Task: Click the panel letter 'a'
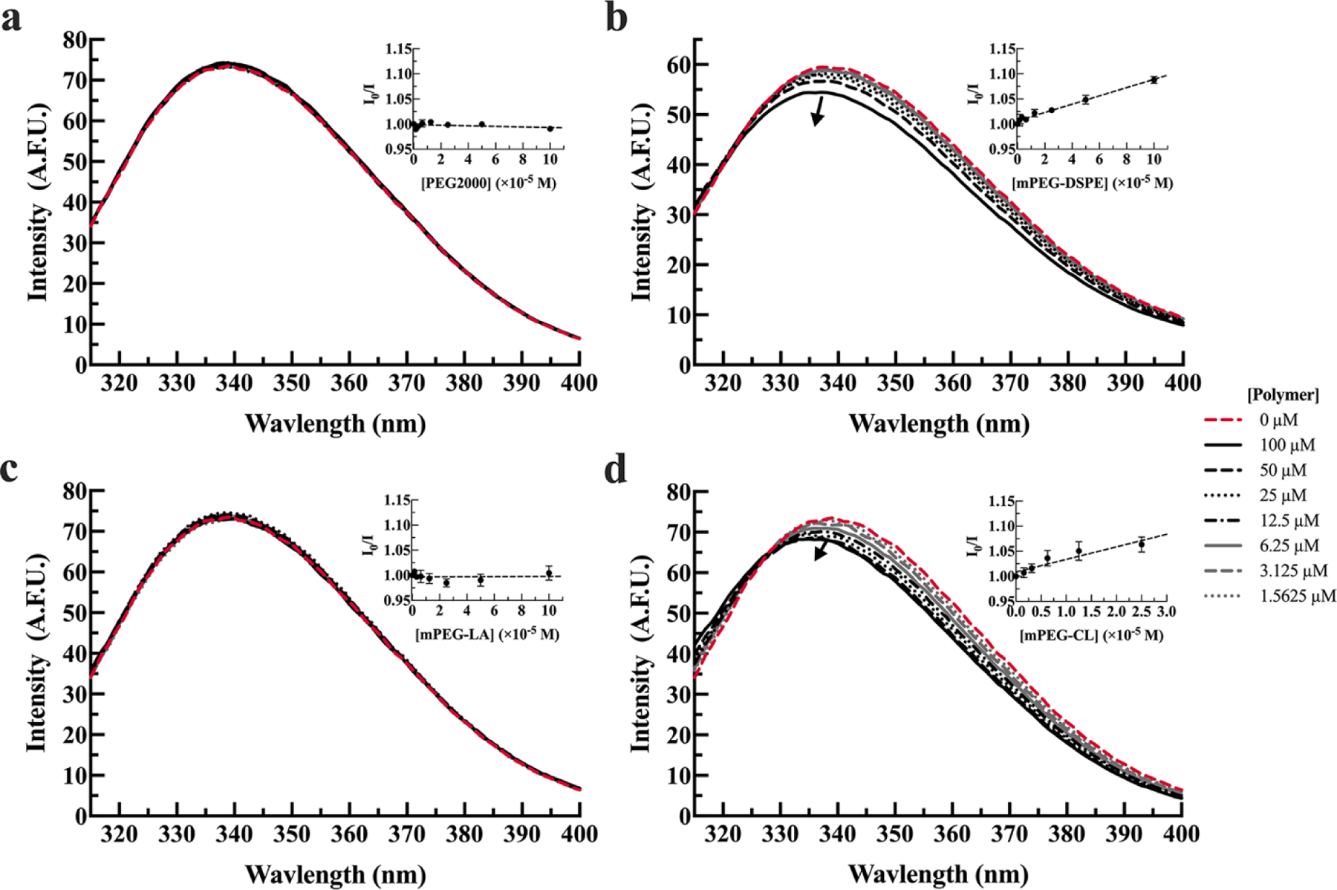pos(12,18)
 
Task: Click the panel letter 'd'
pos(616,470)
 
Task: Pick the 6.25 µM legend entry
pos(1289,545)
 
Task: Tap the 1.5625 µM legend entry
pos(1296,596)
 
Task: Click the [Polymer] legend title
pos(1283,394)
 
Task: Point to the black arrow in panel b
pos(818,111)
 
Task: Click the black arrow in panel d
pos(821,551)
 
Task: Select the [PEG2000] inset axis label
pos(488,183)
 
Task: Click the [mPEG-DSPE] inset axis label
pos(1091,183)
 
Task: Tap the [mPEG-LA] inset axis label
pos(487,634)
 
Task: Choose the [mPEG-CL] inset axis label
pos(1091,635)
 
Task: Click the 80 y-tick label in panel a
pos(75,39)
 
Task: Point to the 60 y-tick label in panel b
pos(679,65)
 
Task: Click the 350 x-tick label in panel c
pos(291,835)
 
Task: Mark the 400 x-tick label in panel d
pos(1182,835)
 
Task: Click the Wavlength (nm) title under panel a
pos(335,424)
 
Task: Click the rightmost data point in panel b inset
pos(1154,79)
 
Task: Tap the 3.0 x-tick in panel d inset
pos(1165,611)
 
